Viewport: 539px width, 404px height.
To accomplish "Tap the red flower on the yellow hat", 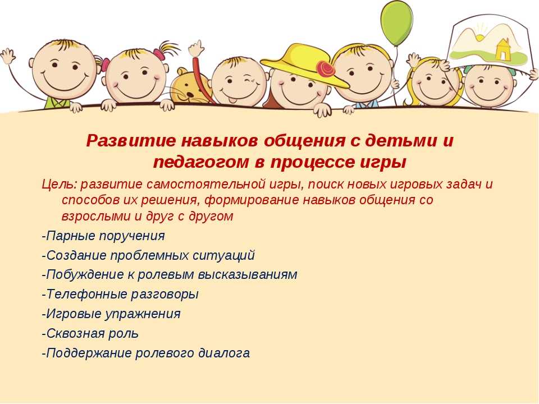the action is pos(325,69).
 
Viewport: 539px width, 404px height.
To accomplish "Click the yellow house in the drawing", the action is pos(503,49).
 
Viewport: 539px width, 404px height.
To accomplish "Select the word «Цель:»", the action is pos(60,185).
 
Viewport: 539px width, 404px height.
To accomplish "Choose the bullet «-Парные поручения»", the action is pos(103,236).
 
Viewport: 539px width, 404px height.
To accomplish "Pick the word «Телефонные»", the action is pos(88,295).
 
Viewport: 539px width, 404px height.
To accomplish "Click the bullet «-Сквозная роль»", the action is pos(90,333).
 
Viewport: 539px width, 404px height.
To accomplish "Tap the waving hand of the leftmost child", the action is pos(7,56).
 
